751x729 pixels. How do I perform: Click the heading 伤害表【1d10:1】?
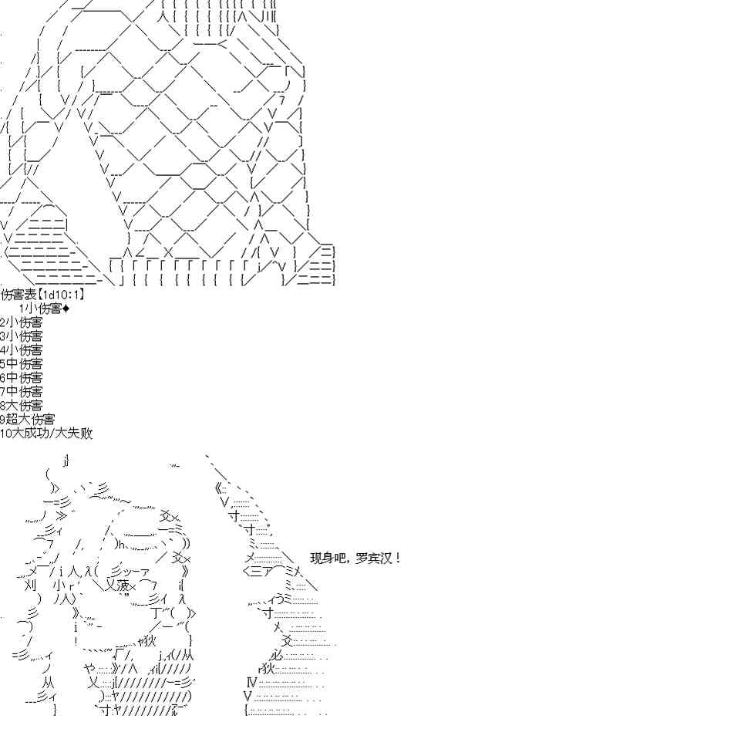point(42,294)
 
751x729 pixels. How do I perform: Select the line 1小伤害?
point(41,308)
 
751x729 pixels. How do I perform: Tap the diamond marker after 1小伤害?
point(66,309)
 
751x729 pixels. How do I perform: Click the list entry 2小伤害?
point(21,322)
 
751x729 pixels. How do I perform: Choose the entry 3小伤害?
point(21,336)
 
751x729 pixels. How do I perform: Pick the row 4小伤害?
point(21,350)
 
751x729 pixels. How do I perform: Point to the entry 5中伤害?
point(21,364)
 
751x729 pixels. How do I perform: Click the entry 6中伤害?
point(21,378)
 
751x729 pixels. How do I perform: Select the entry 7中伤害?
point(21,392)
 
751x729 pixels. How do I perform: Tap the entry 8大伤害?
point(21,406)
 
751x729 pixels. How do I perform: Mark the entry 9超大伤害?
point(27,420)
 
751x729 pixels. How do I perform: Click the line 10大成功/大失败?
point(46,434)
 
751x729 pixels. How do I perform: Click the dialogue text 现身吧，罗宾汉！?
point(355,558)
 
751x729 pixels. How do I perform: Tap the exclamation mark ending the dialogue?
point(398,558)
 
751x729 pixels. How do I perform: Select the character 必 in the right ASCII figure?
point(276,655)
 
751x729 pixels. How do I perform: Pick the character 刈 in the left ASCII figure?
point(30,586)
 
